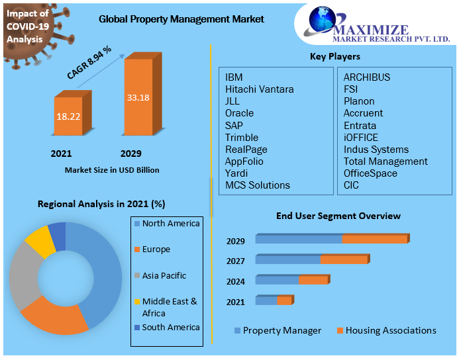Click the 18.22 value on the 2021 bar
(x=68, y=116)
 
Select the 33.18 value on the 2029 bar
(x=138, y=98)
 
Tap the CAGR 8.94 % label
(x=89, y=63)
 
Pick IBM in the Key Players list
(x=234, y=77)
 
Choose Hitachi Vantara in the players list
(x=259, y=89)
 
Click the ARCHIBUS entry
(x=367, y=77)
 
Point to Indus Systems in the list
(x=376, y=150)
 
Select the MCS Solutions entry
(x=258, y=185)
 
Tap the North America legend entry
(x=170, y=224)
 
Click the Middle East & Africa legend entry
(x=170, y=307)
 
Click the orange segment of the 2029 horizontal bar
(x=375, y=239)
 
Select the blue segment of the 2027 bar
(x=288, y=259)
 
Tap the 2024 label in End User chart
(x=235, y=282)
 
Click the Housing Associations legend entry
(x=390, y=330)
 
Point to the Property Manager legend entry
(x=282, y=330)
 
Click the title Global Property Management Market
(x=181, y=19)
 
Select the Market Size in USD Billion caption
(x=112, y=170)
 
